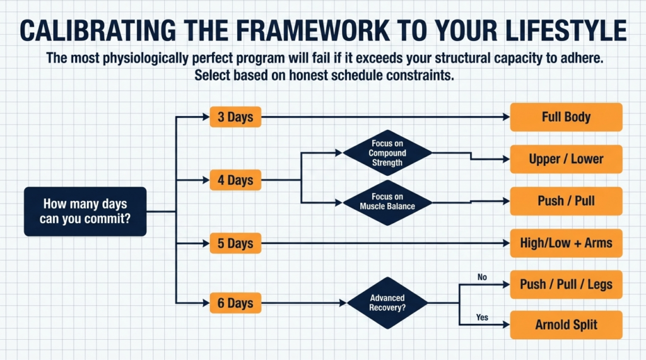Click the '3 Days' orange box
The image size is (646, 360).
coord(235,117)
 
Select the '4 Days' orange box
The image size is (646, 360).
coord(235,180)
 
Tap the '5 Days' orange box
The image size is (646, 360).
coord(235,243)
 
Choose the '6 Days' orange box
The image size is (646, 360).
coord(235,303)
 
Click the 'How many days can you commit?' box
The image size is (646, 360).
coord(85,212)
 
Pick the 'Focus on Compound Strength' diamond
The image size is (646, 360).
coord(387,153)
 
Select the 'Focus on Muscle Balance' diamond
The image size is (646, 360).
coord(387,202)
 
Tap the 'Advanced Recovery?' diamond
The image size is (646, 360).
coord(387,303)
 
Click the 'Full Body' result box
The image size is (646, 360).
coord(566,117)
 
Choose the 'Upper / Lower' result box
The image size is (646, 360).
coord(566,160)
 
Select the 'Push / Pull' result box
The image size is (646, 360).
coord(566,202)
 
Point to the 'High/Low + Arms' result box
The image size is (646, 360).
coord(566,243)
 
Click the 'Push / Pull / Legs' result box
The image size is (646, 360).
coord(566,284)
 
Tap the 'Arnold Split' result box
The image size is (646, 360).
coord(566,325)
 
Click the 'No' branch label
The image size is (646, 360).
coord(482,276)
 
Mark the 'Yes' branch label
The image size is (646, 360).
coord(482,317)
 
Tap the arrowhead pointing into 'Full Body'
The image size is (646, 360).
coord(505,117)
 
